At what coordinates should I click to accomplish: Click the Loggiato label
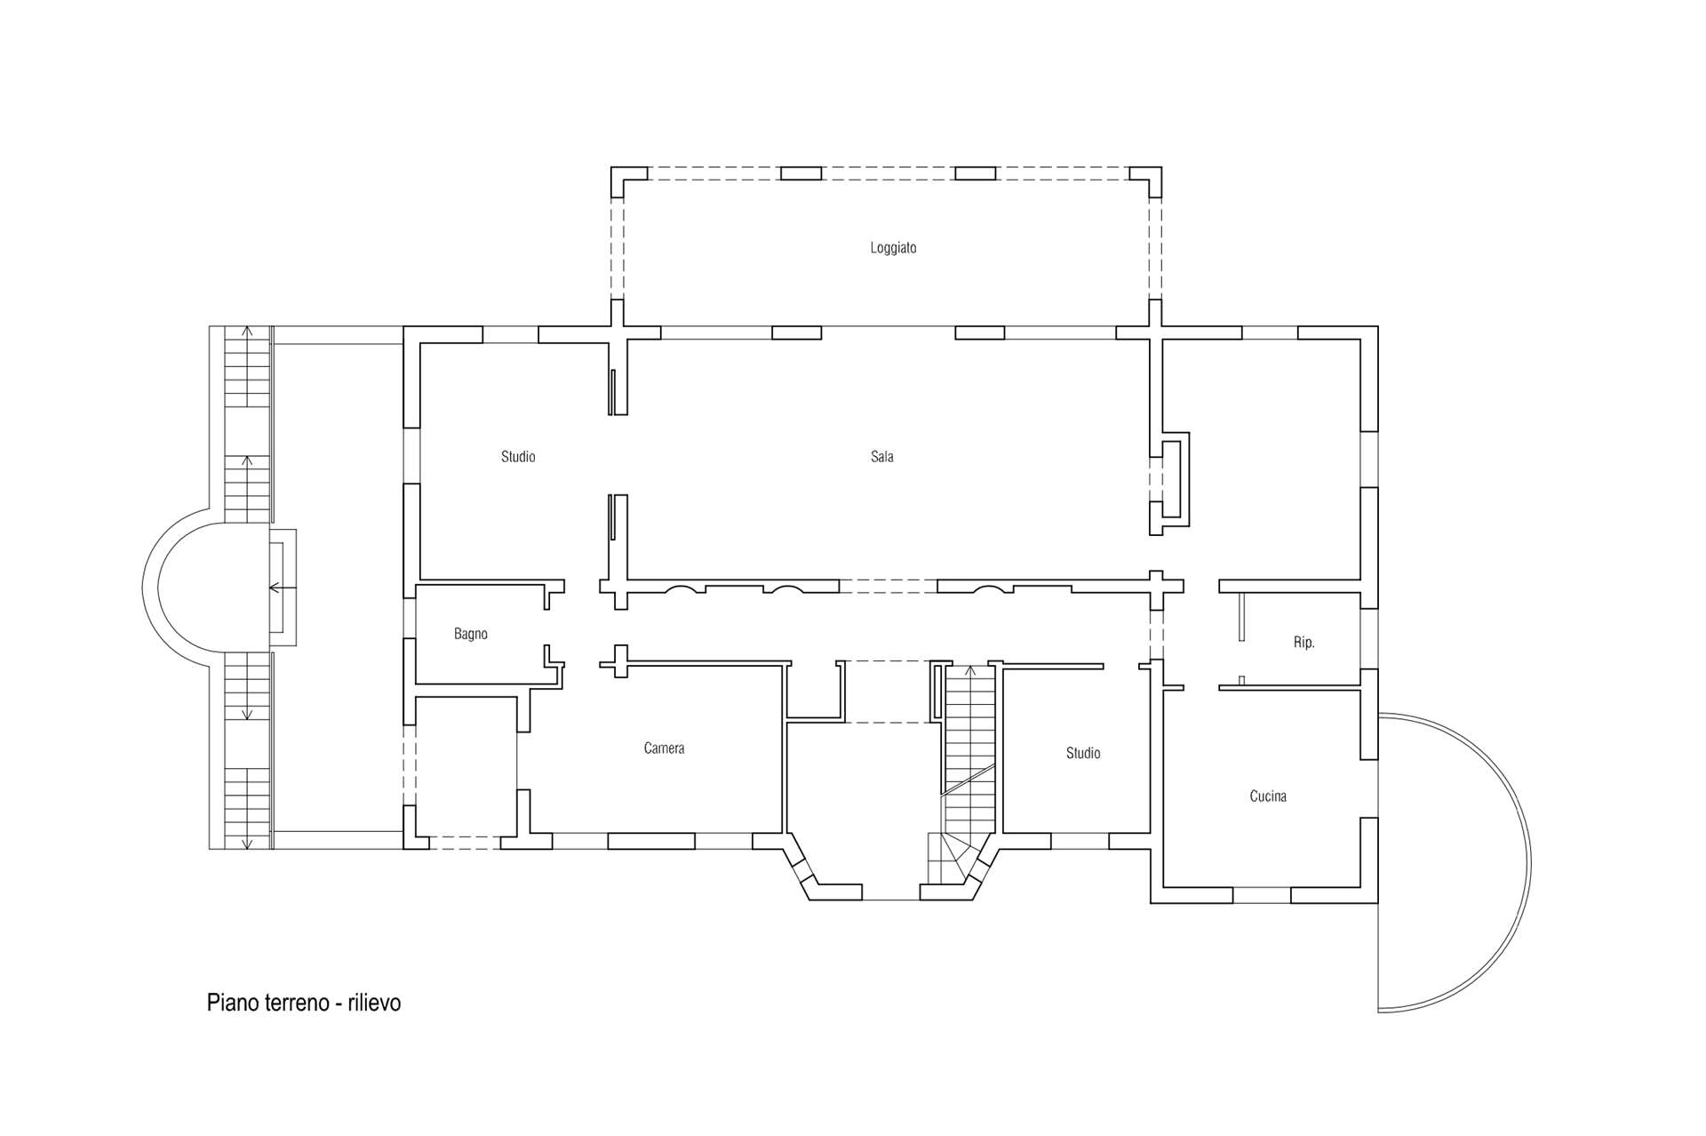[893, 248]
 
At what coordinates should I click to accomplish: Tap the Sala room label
[881, 457]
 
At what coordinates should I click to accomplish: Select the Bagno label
[470, 634]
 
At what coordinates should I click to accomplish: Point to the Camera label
[664, 748]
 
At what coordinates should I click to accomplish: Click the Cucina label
[1267, 796]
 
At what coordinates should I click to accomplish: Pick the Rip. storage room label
[1303, 643]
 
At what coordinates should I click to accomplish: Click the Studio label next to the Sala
[518, 457]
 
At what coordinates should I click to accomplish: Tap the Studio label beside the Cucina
[1082, 754]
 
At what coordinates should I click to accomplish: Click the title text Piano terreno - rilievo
[304, 1003]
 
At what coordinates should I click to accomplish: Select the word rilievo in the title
[374, 1003]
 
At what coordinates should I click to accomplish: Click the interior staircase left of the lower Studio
[969, 756]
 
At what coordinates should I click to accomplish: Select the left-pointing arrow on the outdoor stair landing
[276, 588]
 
